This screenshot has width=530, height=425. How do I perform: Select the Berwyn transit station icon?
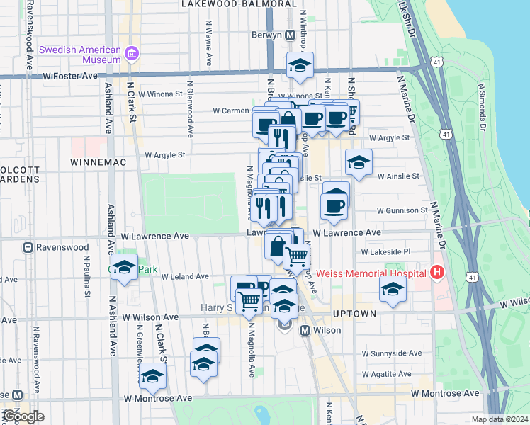tap(290, 35)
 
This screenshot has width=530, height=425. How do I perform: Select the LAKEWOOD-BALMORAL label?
tap(238, 4)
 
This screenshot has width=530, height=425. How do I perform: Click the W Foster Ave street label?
tap(70, 75)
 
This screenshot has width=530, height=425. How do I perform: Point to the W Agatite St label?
tap(386, 373)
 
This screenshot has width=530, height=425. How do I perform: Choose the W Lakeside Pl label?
tap(386, 251)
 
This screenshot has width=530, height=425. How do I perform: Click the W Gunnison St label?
tap(402, 210)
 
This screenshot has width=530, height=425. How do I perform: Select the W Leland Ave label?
tap(185, 276)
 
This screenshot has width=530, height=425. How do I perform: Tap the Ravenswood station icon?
tap(28, 248)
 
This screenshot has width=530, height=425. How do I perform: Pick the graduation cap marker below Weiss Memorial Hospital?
tap(392, 289)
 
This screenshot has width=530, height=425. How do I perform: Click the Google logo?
tap(23, 416)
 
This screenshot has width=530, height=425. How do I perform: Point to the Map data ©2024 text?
tap(500, 419)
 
